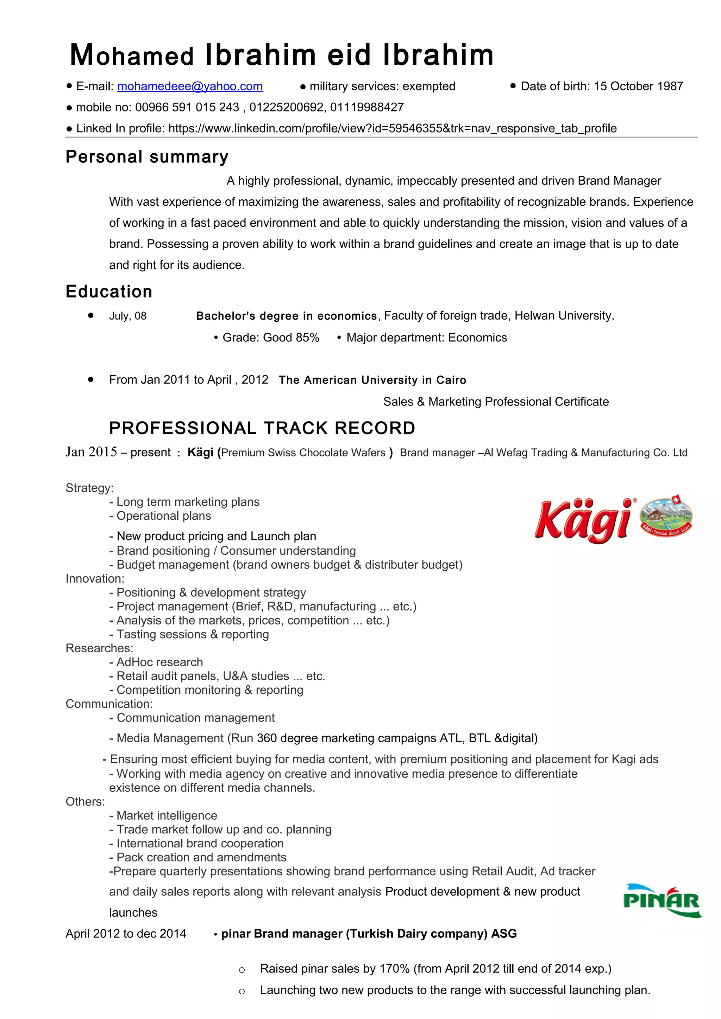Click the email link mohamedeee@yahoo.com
click(x=190, y=86)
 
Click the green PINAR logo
click(x=662, y=901)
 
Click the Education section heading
click(x=109, y=291)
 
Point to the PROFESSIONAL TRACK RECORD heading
click(x=262, y=428)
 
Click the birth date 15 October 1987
click(x=638, y=86)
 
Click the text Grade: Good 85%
click(x=270, y=338)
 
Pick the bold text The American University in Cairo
click(x=372, y=380)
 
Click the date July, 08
click(x=128, y=316)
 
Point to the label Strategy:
click(x=89, y=488)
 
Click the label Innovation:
click(x=95, y=579)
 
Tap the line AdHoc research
click(x=159, y=662)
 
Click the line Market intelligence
click(x=167, y=815)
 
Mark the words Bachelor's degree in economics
click(x=287, y=316)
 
